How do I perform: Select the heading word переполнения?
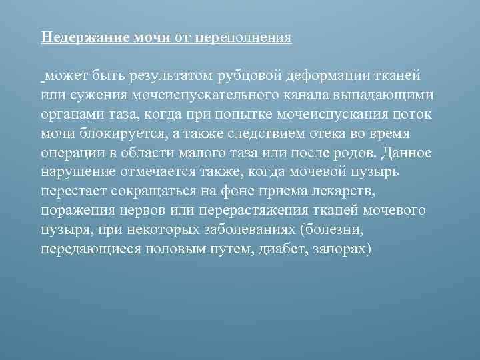point(244,37)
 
